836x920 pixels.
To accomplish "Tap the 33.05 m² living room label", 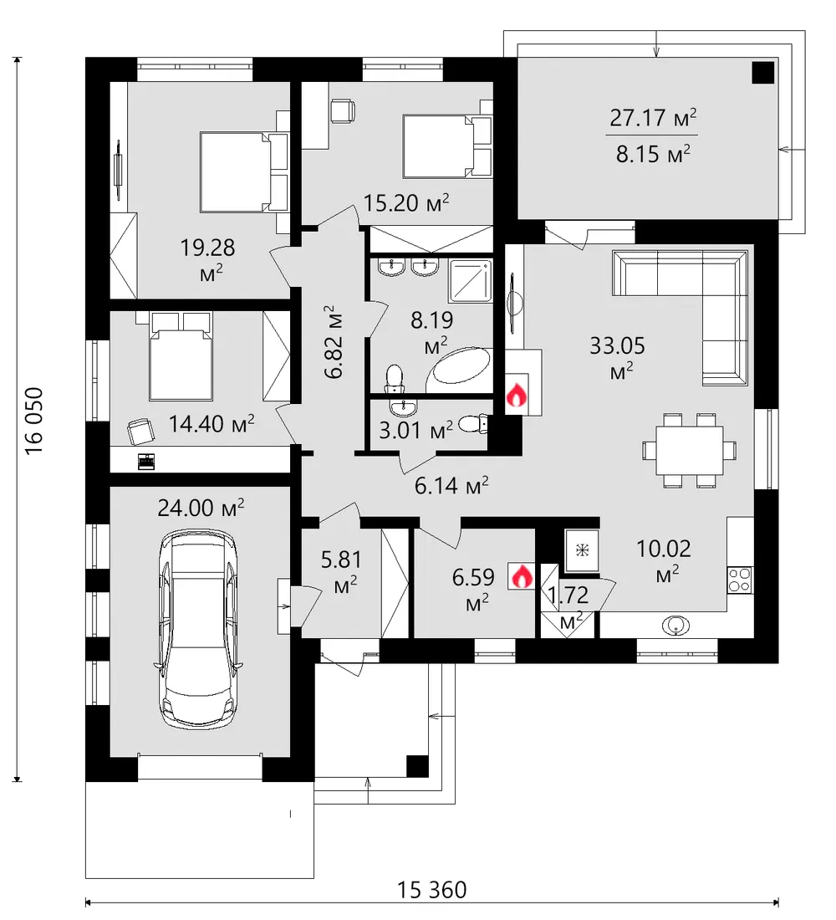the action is pyautogui.click(x=618, y=356).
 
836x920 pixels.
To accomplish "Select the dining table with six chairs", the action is pyautogui.click(x=690, y=450).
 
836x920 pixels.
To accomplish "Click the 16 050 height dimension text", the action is pyautogui.click(x=34, y=420).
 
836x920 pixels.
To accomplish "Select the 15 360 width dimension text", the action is pyautogui.click(x=432, y=890).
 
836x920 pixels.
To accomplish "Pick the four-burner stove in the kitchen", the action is pyautogui.click(x=741, y=580).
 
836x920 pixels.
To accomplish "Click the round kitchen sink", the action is pyautogui.click(x=675, y=626).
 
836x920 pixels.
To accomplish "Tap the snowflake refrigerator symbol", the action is pyautogui.click(x=582, y=549).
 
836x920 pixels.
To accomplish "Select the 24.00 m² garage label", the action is pyautogui.click(x=201, y=508).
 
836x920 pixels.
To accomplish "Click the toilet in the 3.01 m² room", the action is pyautogui.click(x=474, y=424).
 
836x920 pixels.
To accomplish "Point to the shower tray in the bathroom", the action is pyautogui.click(x=470, y=281).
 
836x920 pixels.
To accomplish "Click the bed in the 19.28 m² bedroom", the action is pyautogui.click(x=244, y=171).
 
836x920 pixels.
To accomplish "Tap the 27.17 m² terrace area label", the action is pyautogui.click(x=653, y=118).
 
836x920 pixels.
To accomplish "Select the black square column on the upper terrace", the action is pyautogui.click(x=763, y=73).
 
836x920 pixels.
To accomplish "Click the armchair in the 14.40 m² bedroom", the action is pyautogui.click(x=140, y=432).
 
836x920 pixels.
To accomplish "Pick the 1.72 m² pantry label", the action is pyautogui.click(x=568, y=606).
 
